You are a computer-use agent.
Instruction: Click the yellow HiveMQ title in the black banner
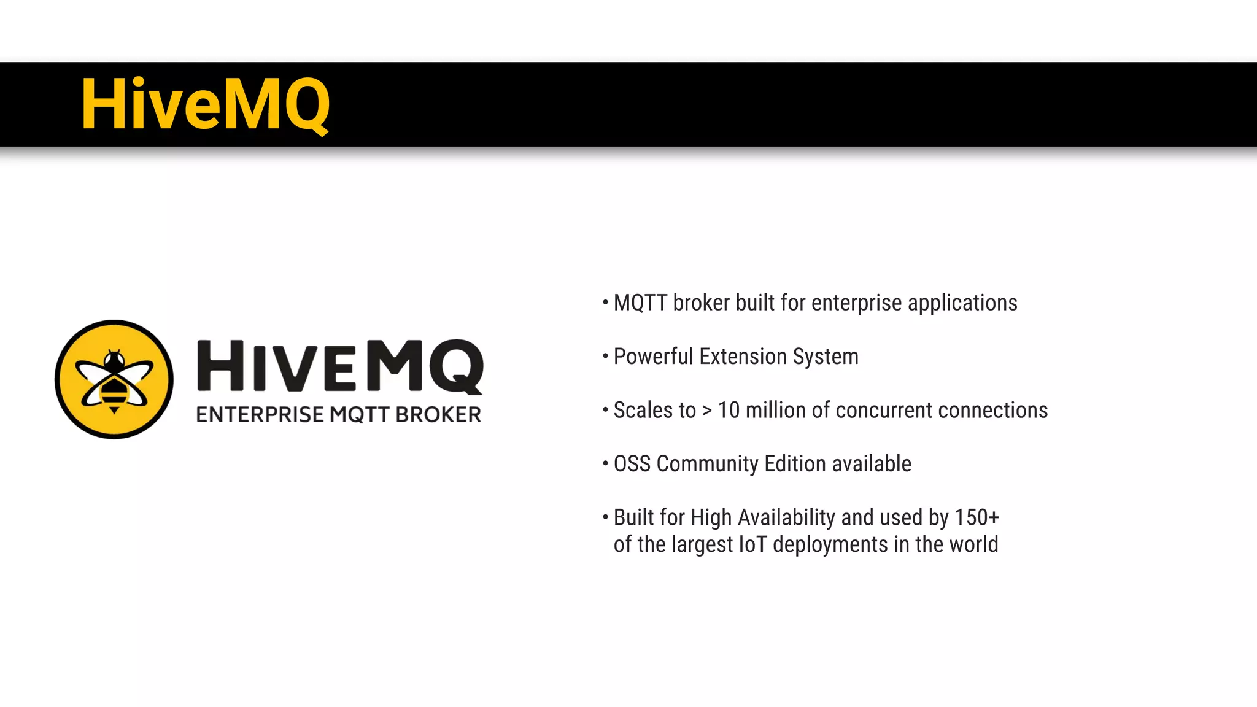(x=206, y=104)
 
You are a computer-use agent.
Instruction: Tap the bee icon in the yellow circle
(x=114, y=379)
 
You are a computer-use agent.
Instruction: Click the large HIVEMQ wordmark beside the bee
(x=339, y=366)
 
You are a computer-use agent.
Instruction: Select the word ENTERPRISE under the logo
(x=260, y=415)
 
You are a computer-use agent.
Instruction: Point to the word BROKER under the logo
(x=438, y=415)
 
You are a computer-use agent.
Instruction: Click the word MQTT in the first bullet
(x=640, y=303)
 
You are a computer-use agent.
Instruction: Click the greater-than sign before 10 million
(x=707, y=411)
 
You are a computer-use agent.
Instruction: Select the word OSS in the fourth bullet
(x=632, y=464)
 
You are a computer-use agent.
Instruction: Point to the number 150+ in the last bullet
(x=977, y=518)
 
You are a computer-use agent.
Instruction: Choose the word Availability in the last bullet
(x=786, y=518)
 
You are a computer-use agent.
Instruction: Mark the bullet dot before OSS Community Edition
(x=605, y=463)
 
